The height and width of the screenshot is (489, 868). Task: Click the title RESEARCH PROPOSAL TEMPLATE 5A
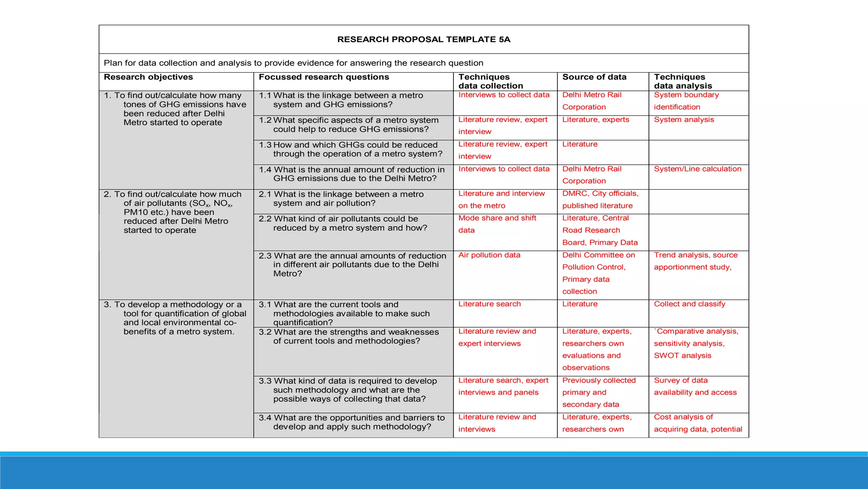[423, 39]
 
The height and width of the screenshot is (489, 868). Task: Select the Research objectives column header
[148, 77]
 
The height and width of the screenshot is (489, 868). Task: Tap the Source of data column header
[594, 77]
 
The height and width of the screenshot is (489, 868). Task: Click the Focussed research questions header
[324, 77]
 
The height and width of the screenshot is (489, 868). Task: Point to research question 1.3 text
[351, 149]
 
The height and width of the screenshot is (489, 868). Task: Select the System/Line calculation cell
[698, 169]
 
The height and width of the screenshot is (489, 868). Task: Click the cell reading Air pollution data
[489, 255]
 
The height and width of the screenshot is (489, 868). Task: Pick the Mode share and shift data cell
[497, 224]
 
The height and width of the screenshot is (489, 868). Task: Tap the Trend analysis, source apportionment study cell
[695, 261]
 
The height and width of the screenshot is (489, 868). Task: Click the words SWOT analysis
[682, 356]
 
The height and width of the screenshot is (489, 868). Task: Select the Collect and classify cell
[689, 304]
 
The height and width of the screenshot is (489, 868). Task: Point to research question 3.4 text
[352, 422]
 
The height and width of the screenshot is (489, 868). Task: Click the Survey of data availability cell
[695, 386]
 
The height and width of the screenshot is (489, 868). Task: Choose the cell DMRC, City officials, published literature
[600, 200]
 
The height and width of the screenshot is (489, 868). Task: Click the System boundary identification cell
[686, 101]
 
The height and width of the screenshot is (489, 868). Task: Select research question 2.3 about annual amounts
[353, 264]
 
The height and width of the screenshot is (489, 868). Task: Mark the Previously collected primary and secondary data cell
[598, 393]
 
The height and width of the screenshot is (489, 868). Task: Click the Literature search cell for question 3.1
[490, 304]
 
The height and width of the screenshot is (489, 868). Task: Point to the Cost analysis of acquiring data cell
[698, 423]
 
